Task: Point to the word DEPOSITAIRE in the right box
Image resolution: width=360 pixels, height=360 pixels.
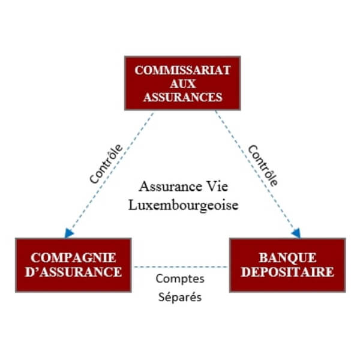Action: click(287, 272)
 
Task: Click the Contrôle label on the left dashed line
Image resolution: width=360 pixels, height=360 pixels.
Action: click(106, 163)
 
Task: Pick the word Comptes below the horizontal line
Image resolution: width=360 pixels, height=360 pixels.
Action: click(180, 279)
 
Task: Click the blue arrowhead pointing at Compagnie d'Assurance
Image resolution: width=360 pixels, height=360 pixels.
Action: click(69, 233)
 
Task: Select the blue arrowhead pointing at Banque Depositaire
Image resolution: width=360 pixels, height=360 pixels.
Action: click(296, 233)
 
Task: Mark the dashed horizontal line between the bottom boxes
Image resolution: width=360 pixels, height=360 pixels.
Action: click(181, 266)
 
